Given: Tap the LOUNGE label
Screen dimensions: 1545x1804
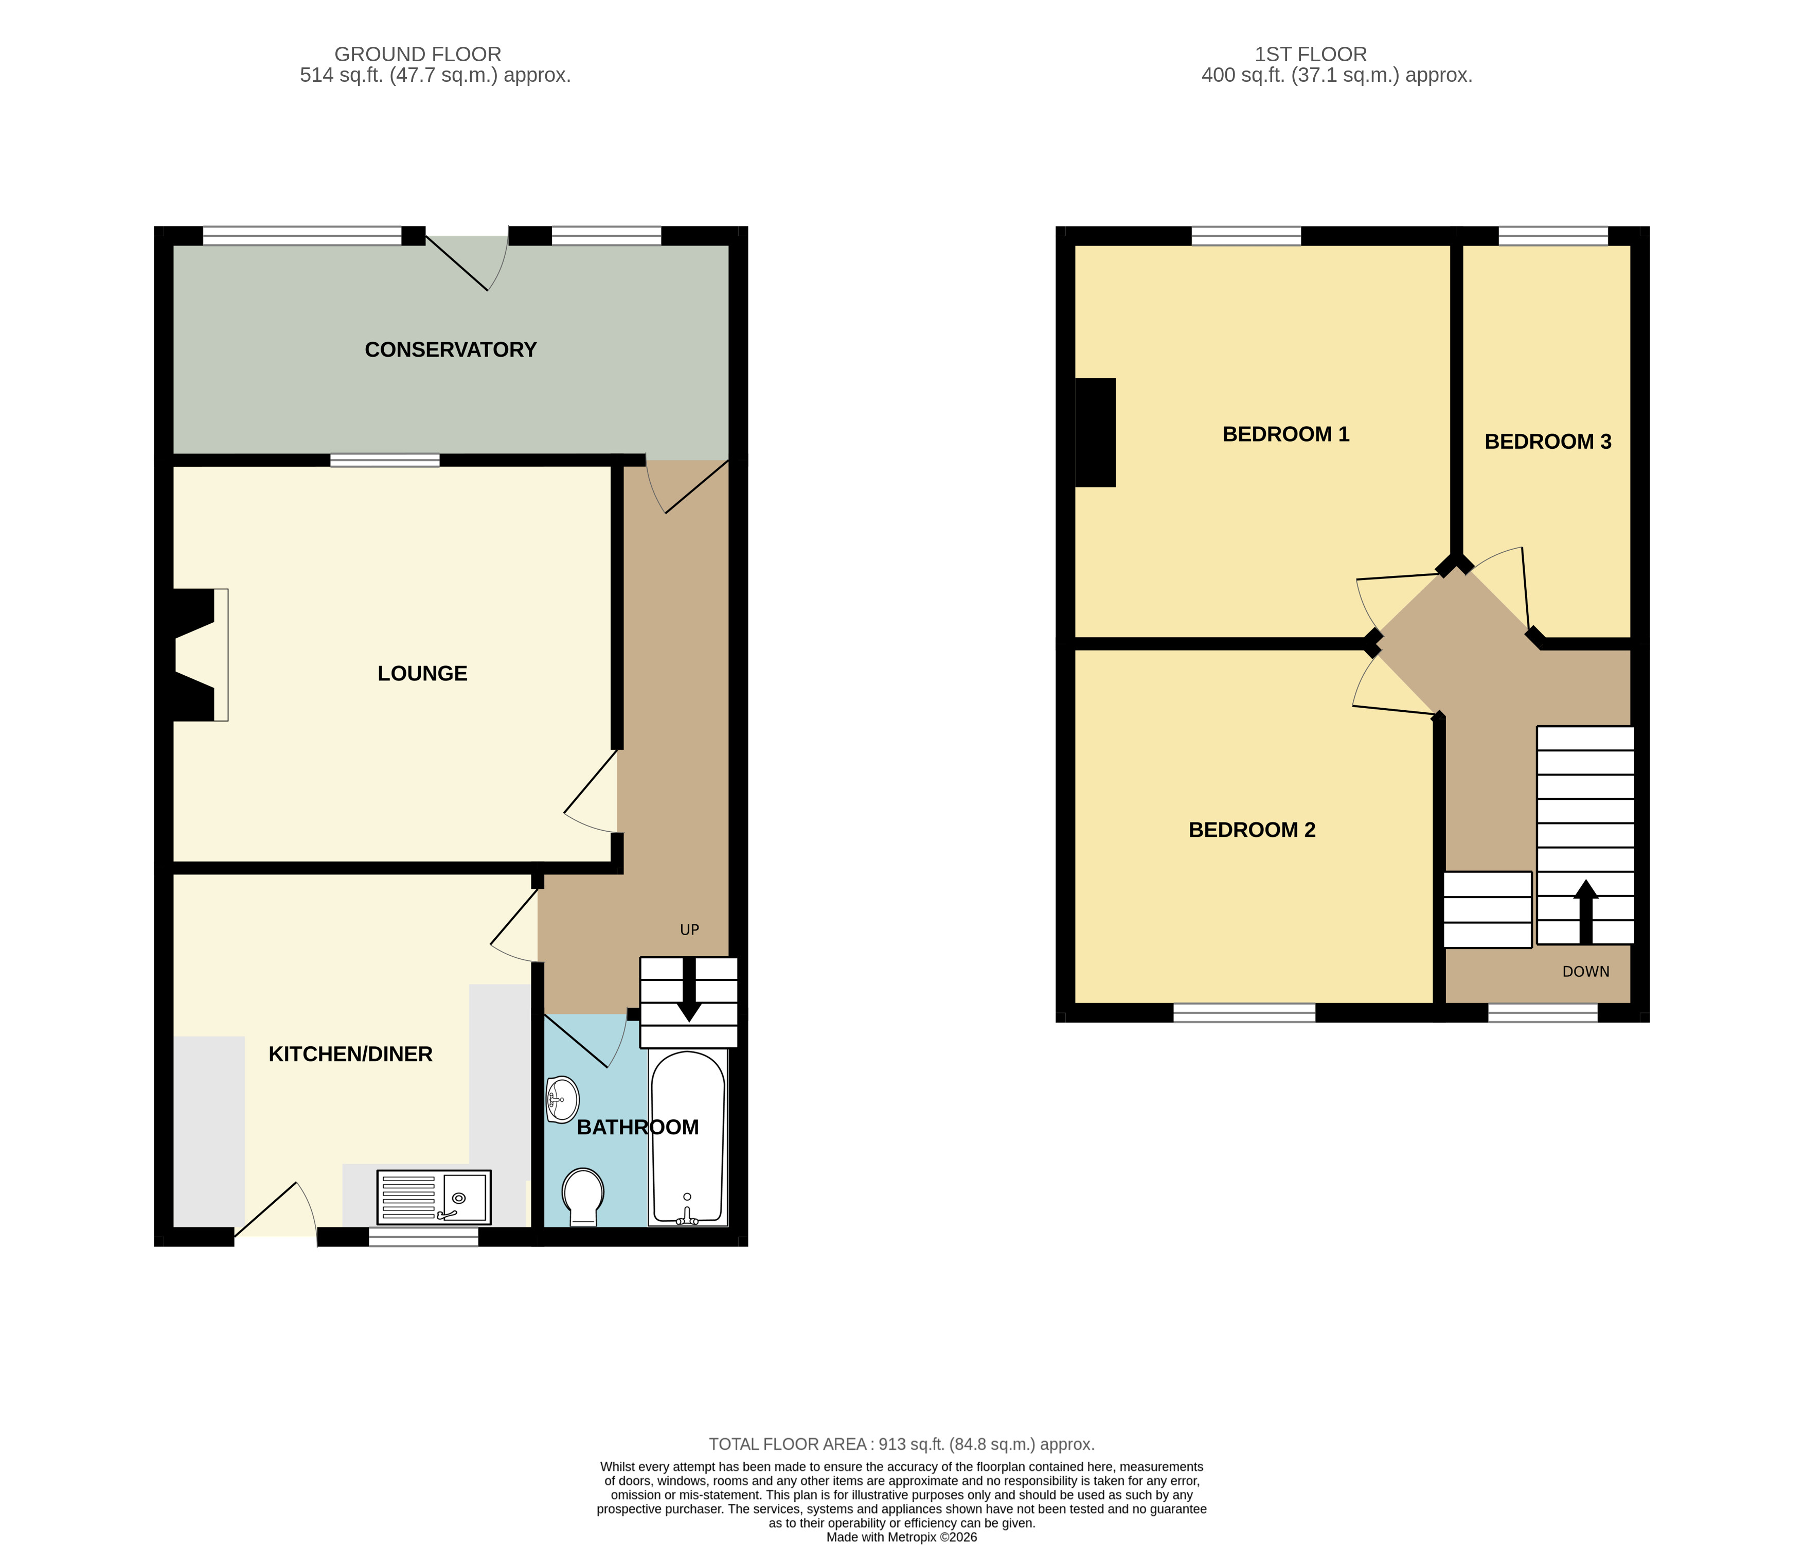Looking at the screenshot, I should [x=422, y=673].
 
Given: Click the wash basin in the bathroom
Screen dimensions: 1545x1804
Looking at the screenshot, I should [x=562, y=1099].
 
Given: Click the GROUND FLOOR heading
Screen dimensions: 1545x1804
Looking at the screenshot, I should [x=417, y=54].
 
